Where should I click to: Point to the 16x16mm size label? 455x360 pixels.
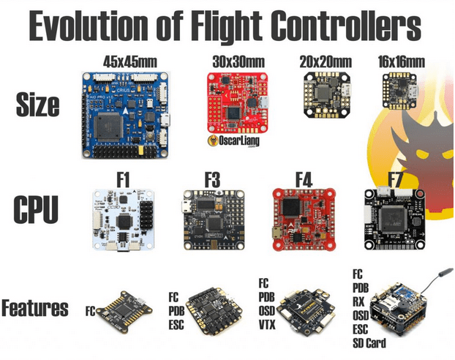tap(401, 62)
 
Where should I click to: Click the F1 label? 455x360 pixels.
tap(122, 177)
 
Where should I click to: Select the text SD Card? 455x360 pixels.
tap(369, 342)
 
